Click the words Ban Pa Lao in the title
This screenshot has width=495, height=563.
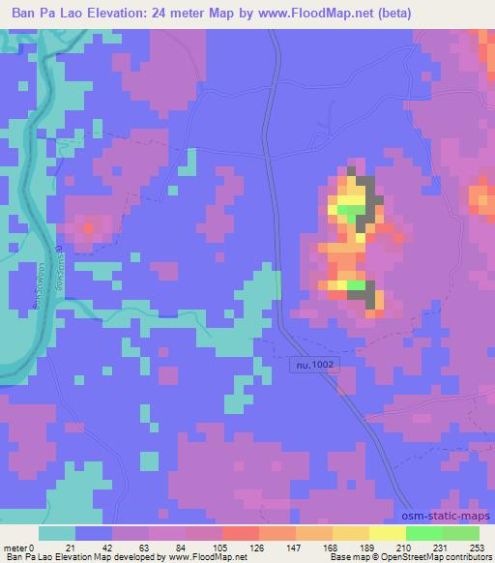point(44,14)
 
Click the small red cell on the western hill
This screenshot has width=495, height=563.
point(90,228)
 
